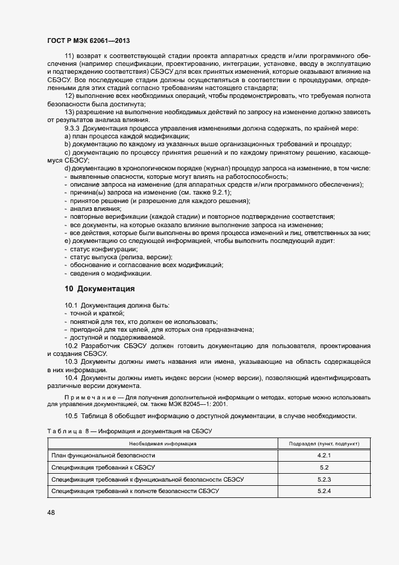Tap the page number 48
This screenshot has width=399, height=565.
pyautogui.click(x=50, y=512)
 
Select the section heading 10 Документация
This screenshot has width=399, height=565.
pyautogui.click(x=100, y=288)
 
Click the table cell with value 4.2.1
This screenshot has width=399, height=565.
pyautogui.click(x=324, y=455)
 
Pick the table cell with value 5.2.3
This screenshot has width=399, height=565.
pyautogui.click(x=324, y=479)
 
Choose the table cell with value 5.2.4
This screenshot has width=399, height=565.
pyautogui.click(x=324, y=491)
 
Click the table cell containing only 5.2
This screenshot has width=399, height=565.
pyautogui.click(x=324, y=467)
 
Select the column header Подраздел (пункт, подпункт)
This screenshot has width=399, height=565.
pyautogui.click(x=324, y=443)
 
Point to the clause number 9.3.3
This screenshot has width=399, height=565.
pyautogui.click(x=72, y=128)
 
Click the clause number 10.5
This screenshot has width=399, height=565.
pyautogui.click(x=71, y=416)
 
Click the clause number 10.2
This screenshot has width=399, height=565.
pyautogui.click(x=71, y=346)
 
